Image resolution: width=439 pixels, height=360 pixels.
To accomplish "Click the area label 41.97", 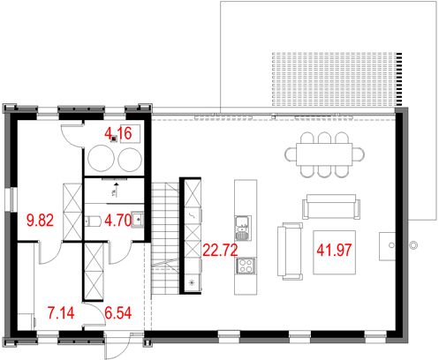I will (333, 250).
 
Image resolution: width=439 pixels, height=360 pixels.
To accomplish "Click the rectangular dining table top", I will (324, 154).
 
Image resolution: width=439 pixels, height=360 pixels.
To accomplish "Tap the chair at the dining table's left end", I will (291, 154).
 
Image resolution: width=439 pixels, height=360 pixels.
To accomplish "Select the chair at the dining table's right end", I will (359, 154).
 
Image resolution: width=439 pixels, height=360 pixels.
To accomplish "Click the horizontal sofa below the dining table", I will (331, 206).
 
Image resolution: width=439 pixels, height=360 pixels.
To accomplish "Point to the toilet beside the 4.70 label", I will (95, 221).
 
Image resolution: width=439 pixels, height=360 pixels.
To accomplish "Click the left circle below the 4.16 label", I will (100, 160).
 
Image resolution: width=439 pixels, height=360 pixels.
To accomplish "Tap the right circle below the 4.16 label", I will (130, 160).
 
